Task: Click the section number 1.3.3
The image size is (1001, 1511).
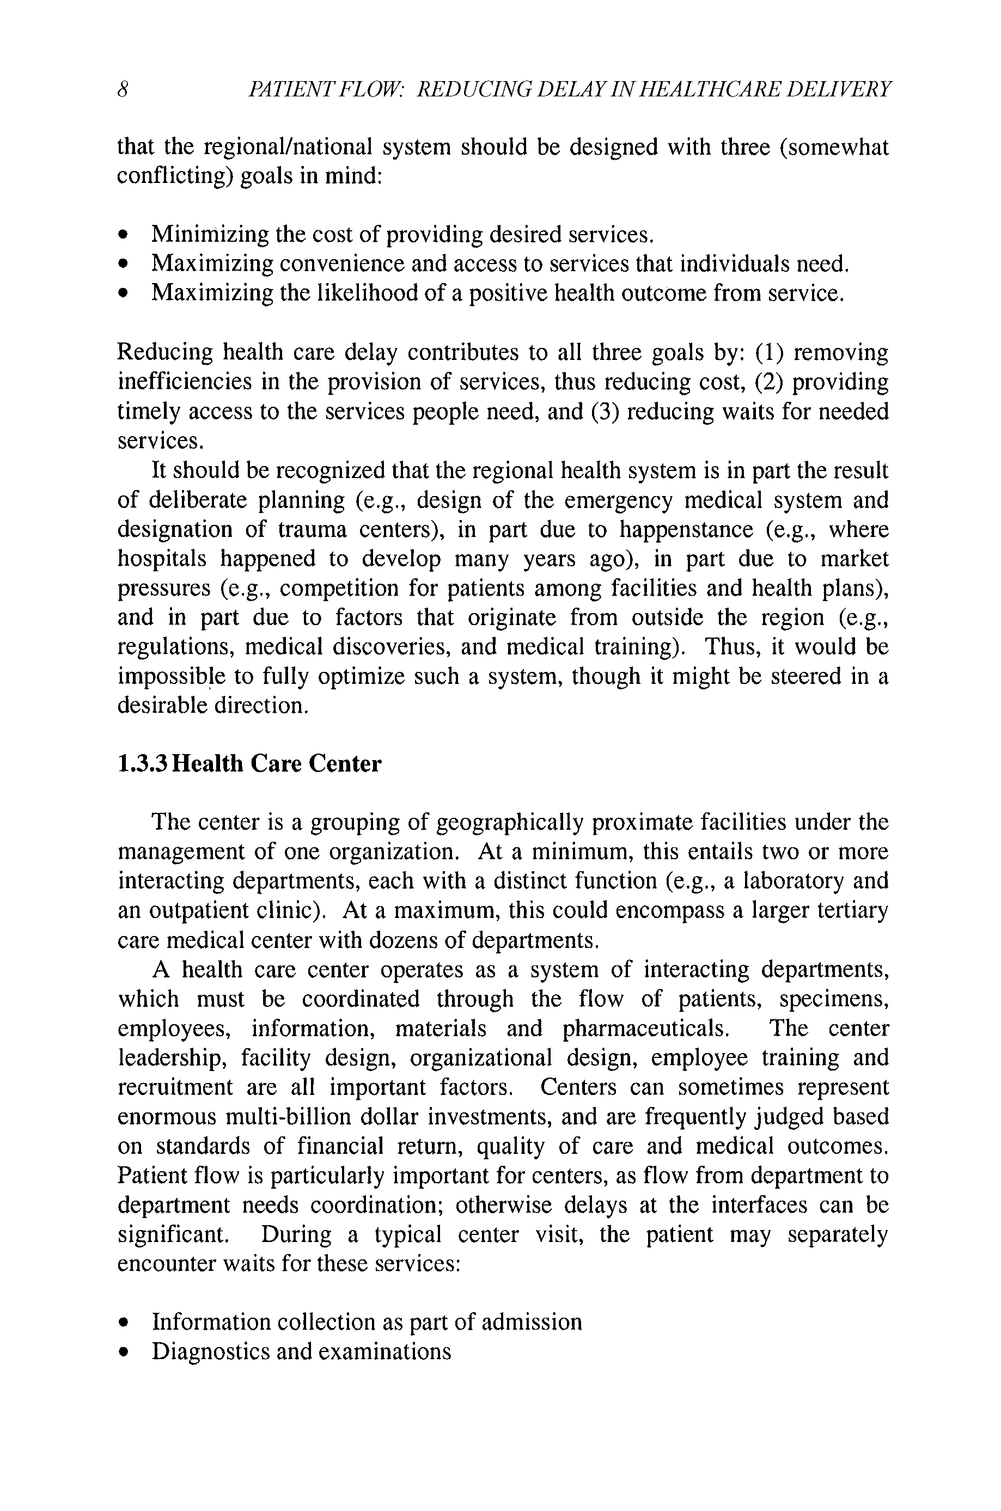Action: point(143,764)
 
